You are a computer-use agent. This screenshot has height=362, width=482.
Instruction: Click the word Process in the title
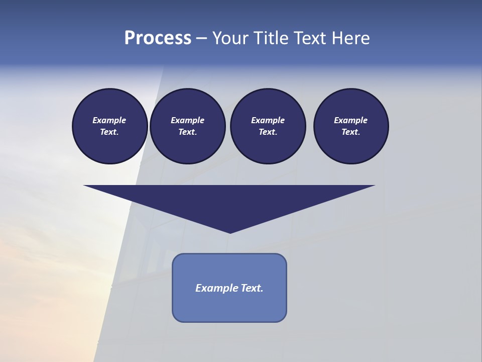pos(158,38)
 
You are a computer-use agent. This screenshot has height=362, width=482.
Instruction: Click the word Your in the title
pos(230,38)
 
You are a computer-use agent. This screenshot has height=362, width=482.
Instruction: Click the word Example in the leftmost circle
pos(109,120)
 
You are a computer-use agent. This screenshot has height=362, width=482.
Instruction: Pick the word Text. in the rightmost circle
pos(350,132)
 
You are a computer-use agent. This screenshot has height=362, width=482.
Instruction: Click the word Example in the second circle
pos(187,120)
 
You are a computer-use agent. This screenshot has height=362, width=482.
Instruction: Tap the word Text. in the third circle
pos(268,132)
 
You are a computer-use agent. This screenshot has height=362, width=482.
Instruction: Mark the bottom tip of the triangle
pos(230,232)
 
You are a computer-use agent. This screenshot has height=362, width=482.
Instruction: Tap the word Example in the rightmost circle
pos(350,120)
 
